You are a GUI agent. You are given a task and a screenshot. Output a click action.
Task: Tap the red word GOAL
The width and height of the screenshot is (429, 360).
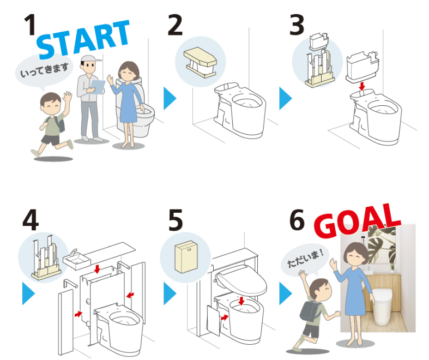tap(357, 222)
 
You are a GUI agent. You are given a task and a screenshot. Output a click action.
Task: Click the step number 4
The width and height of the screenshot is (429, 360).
tap(31, 220)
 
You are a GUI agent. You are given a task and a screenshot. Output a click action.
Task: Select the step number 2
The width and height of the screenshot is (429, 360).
tap(175, 25)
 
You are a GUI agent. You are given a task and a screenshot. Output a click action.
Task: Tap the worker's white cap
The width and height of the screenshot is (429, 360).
tap(90, 59)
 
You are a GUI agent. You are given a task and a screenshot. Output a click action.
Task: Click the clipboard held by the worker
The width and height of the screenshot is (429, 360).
tap(98, 87)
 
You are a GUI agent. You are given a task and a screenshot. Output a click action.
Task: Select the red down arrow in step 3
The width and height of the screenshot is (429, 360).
tap(362, 87)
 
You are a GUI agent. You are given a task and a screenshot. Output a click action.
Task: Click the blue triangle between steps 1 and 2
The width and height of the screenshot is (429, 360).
tap(170, 99)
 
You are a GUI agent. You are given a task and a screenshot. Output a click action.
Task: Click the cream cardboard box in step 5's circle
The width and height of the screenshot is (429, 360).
tap(186, 257)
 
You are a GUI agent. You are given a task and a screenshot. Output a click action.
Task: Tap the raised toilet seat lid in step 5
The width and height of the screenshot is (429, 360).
tap(241, 280)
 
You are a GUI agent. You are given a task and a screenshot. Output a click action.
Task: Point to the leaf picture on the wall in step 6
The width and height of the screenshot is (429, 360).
tap(382, 245)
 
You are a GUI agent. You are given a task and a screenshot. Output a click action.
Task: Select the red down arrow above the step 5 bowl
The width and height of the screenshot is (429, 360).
tap(241, 301)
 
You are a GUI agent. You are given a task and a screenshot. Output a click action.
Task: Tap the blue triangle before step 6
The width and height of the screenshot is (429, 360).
tap(285, 293)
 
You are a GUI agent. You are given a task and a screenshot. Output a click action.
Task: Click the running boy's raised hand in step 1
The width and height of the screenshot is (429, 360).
tap(67, 98)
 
